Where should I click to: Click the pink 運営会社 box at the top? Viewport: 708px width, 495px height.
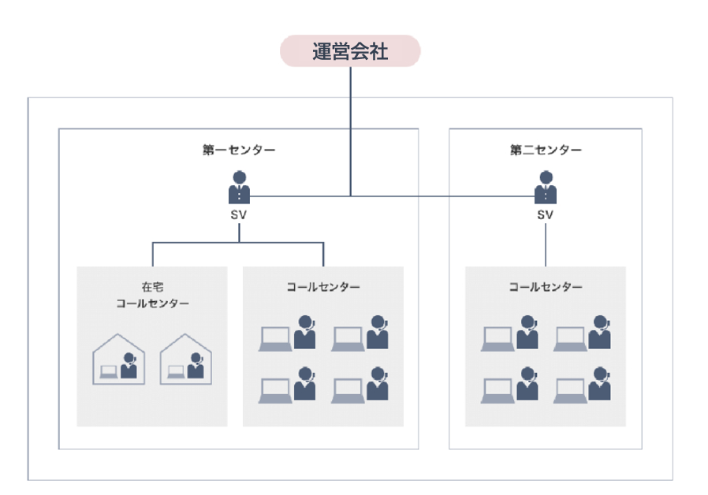pyautogui.click(x=350, y=51)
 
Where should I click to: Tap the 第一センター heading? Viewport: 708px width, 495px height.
pyautogui.click(x=239, y=150)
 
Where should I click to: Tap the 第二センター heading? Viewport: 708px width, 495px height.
pyautogui.click(x=546, y=150)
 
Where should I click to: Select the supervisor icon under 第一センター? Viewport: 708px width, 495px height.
pyautogui.click(x=239, y=188)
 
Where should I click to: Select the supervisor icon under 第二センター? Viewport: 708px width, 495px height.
pyautogui.click(x=545, y=188)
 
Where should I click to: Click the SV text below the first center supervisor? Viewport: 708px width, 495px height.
pyautogui.click(x=239, y=214)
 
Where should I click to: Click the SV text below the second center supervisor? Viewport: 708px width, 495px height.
pyautogui.click(x=545, y=214)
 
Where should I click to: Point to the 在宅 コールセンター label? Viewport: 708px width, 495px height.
pyautogui.click(x=152, y=295)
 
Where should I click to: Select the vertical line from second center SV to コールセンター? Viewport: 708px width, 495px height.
pyautogui.click(x=545, y=246)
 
